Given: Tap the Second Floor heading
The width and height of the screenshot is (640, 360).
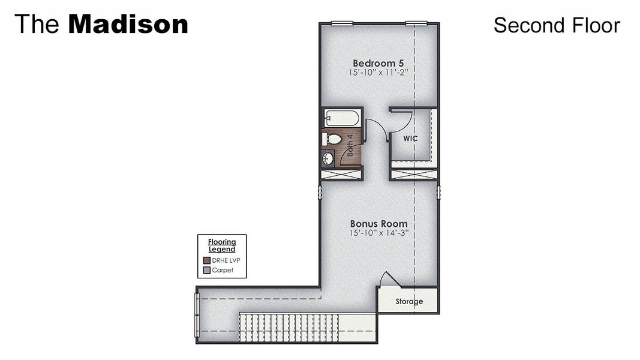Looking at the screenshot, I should (x=556, y=25).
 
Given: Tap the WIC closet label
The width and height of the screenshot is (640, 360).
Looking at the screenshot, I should (x=410, y=139).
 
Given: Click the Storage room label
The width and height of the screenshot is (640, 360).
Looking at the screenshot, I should (x=408, y=301).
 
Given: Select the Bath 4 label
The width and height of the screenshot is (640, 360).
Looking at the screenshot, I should (x=350, y=145).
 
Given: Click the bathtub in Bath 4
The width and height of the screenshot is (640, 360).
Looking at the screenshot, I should (x=341, y=118).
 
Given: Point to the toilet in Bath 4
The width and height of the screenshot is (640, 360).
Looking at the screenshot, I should (x=332, y=139).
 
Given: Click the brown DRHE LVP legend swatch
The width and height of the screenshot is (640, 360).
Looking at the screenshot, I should (x=207, y=260).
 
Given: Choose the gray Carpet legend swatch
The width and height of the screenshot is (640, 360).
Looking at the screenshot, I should (x=207, y=270).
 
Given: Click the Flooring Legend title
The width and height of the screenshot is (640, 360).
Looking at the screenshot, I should (x=222, y=245).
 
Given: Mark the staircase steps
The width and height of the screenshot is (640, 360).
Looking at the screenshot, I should (x=289, y=328).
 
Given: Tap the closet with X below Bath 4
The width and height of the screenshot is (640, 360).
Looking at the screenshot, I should (x=341, y=175).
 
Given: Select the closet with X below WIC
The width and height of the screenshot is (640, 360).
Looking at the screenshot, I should (x=413, y=175).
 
